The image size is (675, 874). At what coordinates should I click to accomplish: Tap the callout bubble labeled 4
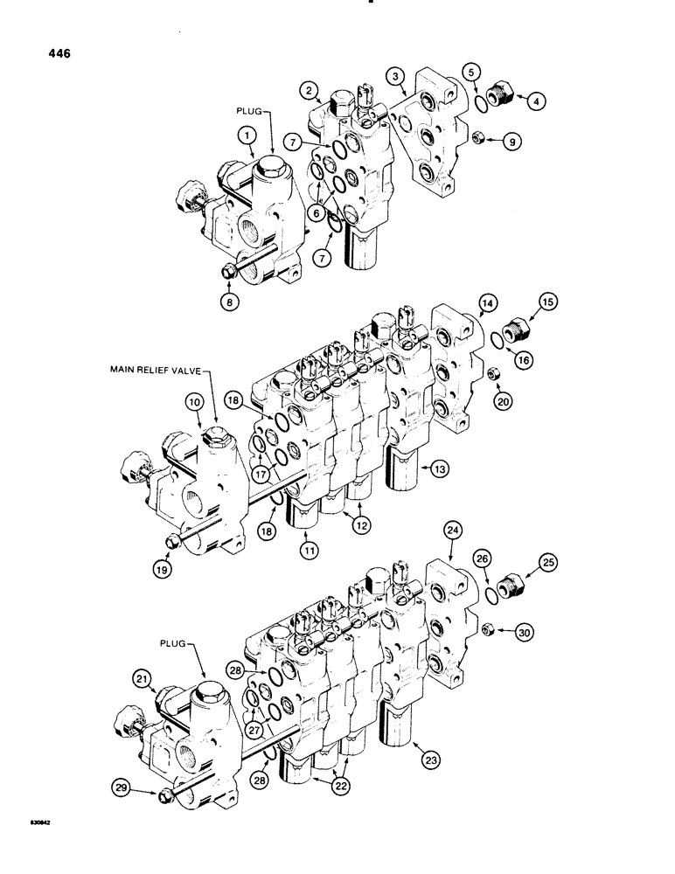point(537,101)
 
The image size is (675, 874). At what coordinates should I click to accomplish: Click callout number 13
point(439,469)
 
